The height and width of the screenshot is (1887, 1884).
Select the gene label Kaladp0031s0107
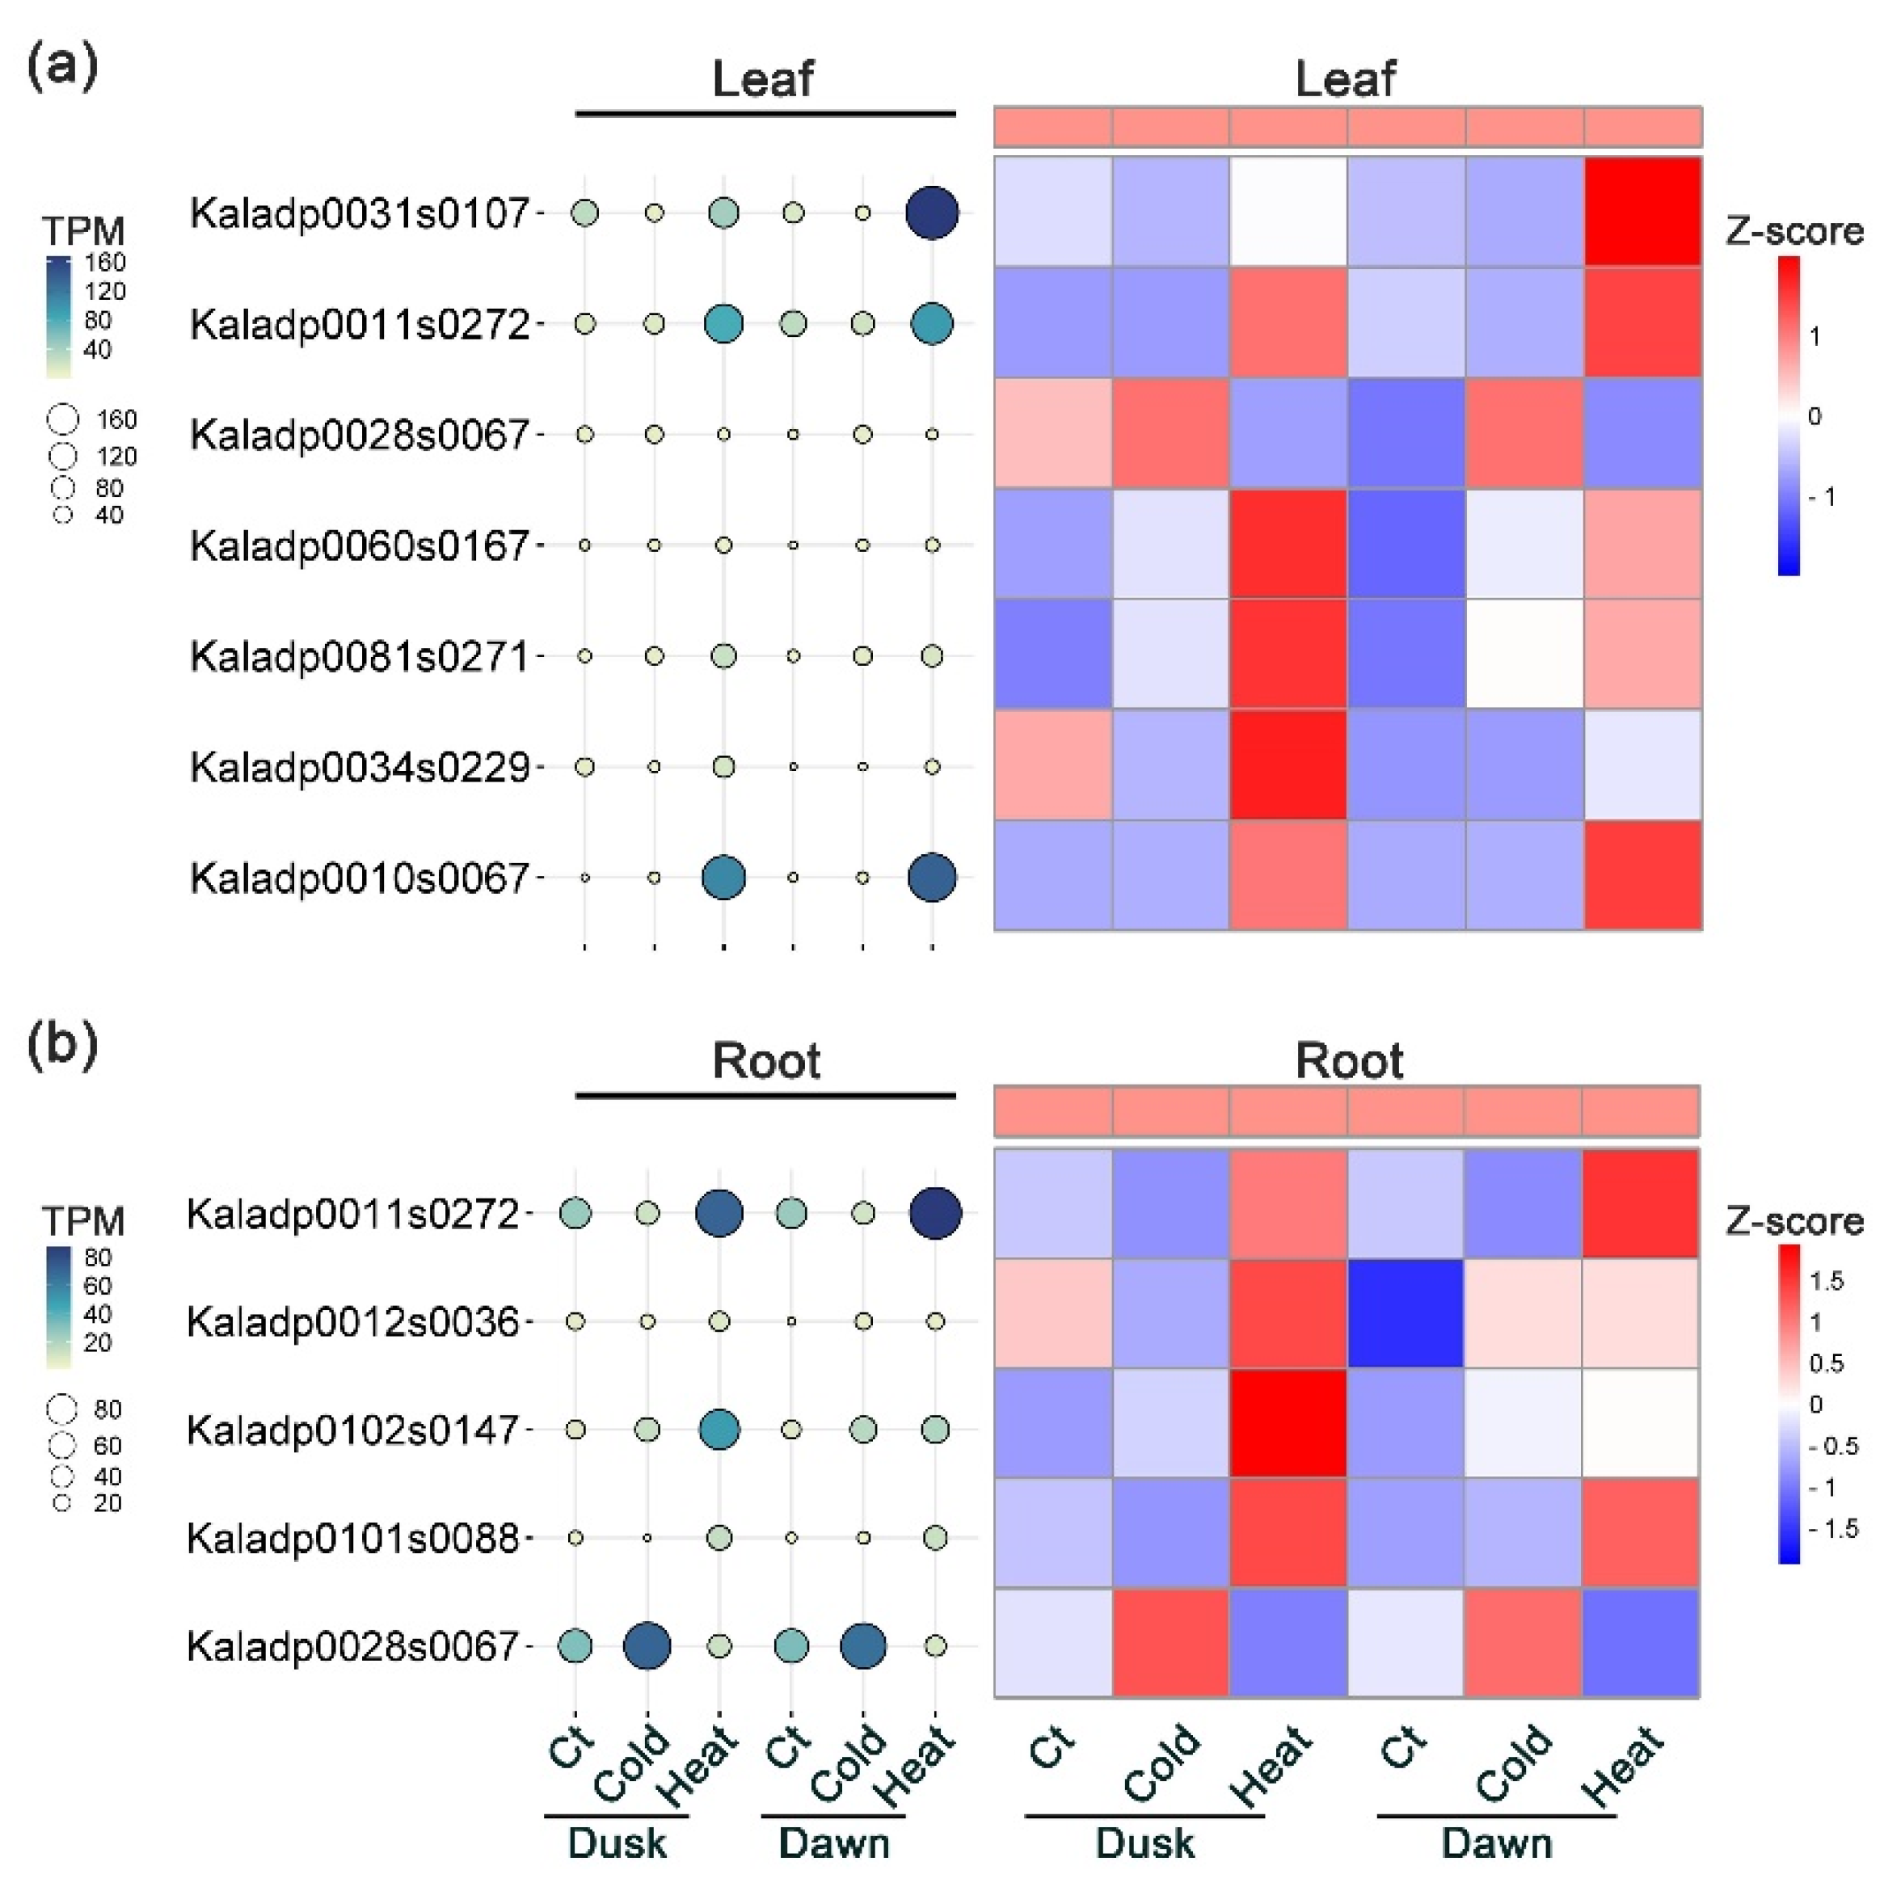(x=360, y=213)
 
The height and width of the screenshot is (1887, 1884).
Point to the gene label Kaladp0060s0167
(x=360, y=545)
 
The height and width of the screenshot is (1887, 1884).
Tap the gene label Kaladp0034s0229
(x=360, y=767)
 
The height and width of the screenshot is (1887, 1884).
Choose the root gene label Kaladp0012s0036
(x=352, y=1321)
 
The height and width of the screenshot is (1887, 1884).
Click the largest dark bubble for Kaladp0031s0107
(x=932, y=213)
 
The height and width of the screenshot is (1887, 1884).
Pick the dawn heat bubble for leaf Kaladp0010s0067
(x=932, y=877)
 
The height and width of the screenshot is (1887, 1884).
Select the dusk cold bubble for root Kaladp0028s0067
(x=647, y=1645)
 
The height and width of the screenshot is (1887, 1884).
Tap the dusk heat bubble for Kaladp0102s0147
(x=719, y=1430)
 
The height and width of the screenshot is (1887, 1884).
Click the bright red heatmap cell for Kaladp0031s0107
(x=1642, y=211)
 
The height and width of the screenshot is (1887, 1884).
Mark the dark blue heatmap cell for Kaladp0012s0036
(x=1406, y=1312)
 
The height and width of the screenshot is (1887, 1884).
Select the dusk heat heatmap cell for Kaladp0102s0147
(x=1288, y=1422)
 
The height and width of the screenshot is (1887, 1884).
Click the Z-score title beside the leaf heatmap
(x=1794, y=231)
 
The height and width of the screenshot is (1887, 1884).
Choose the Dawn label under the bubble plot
(x=833, y=1843)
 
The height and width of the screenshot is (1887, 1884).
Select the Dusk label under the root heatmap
(x=1144, y=1843)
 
